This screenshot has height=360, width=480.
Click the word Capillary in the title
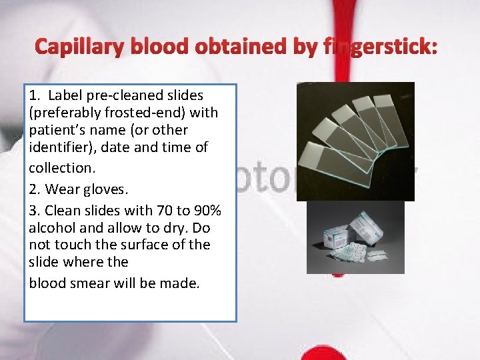(x=73, y=47)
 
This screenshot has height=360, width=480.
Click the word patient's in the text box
(x=56, y=130)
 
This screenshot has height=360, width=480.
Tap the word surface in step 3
(x=148, y=245)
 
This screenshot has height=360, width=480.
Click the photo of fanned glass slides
(x=355, y=141)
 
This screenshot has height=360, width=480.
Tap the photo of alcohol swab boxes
(x=355, y=237)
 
